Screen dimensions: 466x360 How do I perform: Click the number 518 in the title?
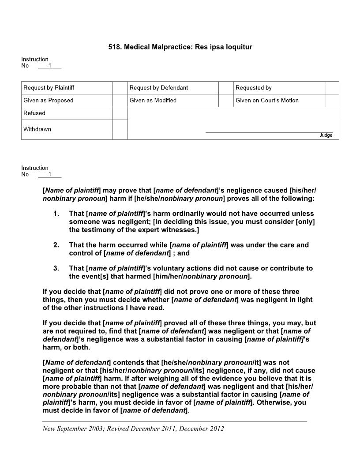tap(114, 46)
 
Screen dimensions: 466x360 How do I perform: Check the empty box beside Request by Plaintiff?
tap(120, 88)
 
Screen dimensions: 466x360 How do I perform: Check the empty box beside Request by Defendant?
tap(225, 88)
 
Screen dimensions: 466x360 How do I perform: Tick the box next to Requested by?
tap(332, 88)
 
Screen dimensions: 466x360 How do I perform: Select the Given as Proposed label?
tap(49, 100)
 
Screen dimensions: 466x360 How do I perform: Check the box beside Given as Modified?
tap(225, 100)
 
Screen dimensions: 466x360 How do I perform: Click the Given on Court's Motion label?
tap(267, 100)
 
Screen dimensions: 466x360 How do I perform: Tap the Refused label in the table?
tap(34, 113)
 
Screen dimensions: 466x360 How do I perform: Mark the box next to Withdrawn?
tap(120, 129)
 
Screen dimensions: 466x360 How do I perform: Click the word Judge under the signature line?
tap(326, 135)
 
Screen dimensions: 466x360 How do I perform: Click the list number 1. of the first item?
tap(56, 214)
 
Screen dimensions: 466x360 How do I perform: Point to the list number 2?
tap(56, 245)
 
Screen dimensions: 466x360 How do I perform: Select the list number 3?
tap(56, 268)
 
